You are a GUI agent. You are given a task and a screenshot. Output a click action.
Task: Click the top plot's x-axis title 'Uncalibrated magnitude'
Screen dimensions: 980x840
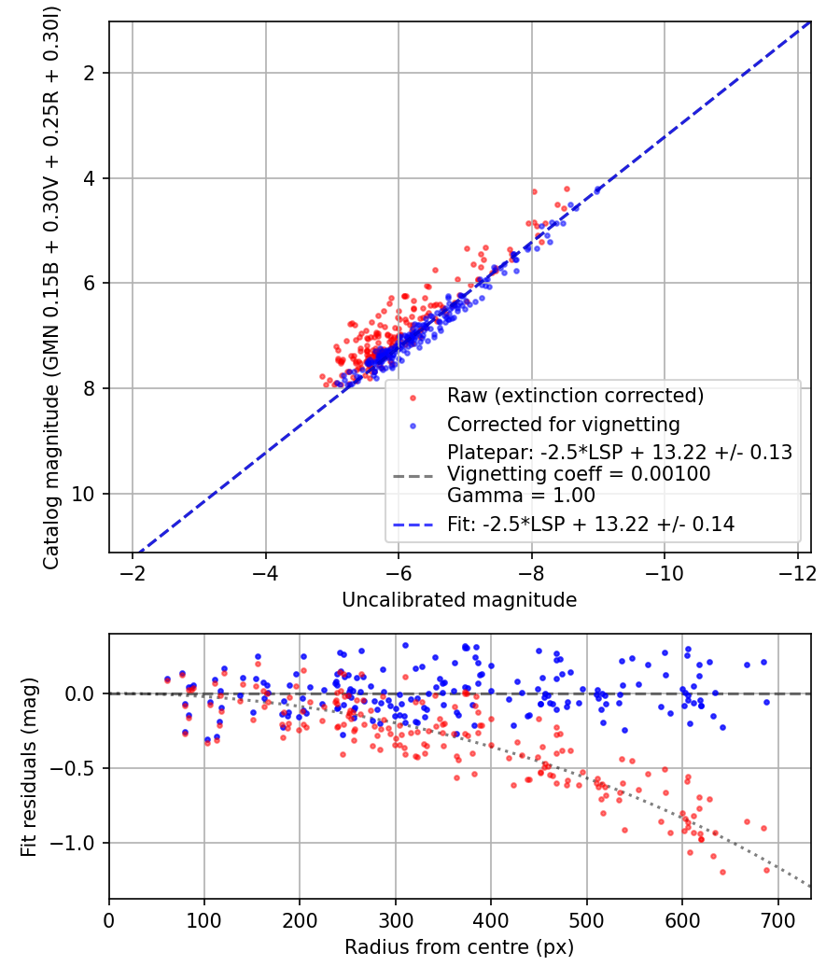pyautogui.click(x=459, y=599)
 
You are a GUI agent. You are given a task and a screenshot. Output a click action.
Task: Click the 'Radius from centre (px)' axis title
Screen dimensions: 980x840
pyautogui.click(x=459, y=947)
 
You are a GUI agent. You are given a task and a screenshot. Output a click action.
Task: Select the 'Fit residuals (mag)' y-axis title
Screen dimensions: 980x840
pyautogui.click(x=29, y=766)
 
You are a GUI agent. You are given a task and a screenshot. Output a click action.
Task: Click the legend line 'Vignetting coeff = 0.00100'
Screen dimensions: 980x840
pyautogui.click(x=579, y=473)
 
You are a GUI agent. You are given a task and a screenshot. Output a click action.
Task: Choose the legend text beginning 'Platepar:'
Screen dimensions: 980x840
pyautogui.click(x=620, y=453)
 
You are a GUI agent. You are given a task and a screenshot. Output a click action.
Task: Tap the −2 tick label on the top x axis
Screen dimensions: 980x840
pyautogui.click(x=133, y=570)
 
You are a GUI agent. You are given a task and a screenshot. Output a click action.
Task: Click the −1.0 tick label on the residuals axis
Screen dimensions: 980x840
pyautogui.click(x=77, y=843)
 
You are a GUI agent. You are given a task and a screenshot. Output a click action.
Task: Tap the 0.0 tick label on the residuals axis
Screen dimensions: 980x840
pyautogui.click(x=83, y=693)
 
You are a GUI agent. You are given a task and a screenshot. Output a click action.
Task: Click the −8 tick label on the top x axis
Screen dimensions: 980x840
pyautogui.click(x=531, y=570)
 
